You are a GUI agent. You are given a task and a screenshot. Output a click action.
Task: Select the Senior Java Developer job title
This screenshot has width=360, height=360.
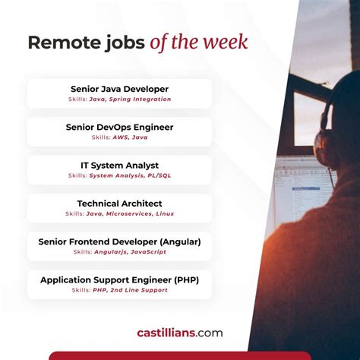pyautogui.click(x=119, y=89)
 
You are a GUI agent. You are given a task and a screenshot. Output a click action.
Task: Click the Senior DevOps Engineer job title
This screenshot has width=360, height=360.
pyautogui.click(x=119, y=127)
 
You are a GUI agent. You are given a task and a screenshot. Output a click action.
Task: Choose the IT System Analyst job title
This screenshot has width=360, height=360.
pyautogui.click(x=119, y=165)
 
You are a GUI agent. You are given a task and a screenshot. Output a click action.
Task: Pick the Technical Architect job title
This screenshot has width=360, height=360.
pyautogui.click(x=119, y=204)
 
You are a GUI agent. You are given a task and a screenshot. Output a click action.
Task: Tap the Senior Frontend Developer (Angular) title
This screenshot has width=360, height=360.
pyautogui.click(x=119, y=242)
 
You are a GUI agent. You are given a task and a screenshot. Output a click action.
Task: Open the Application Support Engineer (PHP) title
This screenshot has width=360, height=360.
pyautogui.click(x=119, y=279)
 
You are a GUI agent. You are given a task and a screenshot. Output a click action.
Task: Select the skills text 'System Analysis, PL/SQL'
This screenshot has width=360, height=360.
pyautogui.click(x=129, y=175)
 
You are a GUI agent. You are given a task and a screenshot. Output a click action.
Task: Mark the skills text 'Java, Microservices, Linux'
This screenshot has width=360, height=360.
pyautogui.click(x=130, y=214)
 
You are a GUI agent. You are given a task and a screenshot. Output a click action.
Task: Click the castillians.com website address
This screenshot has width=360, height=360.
pyautogui.click(x=180, y=332)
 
